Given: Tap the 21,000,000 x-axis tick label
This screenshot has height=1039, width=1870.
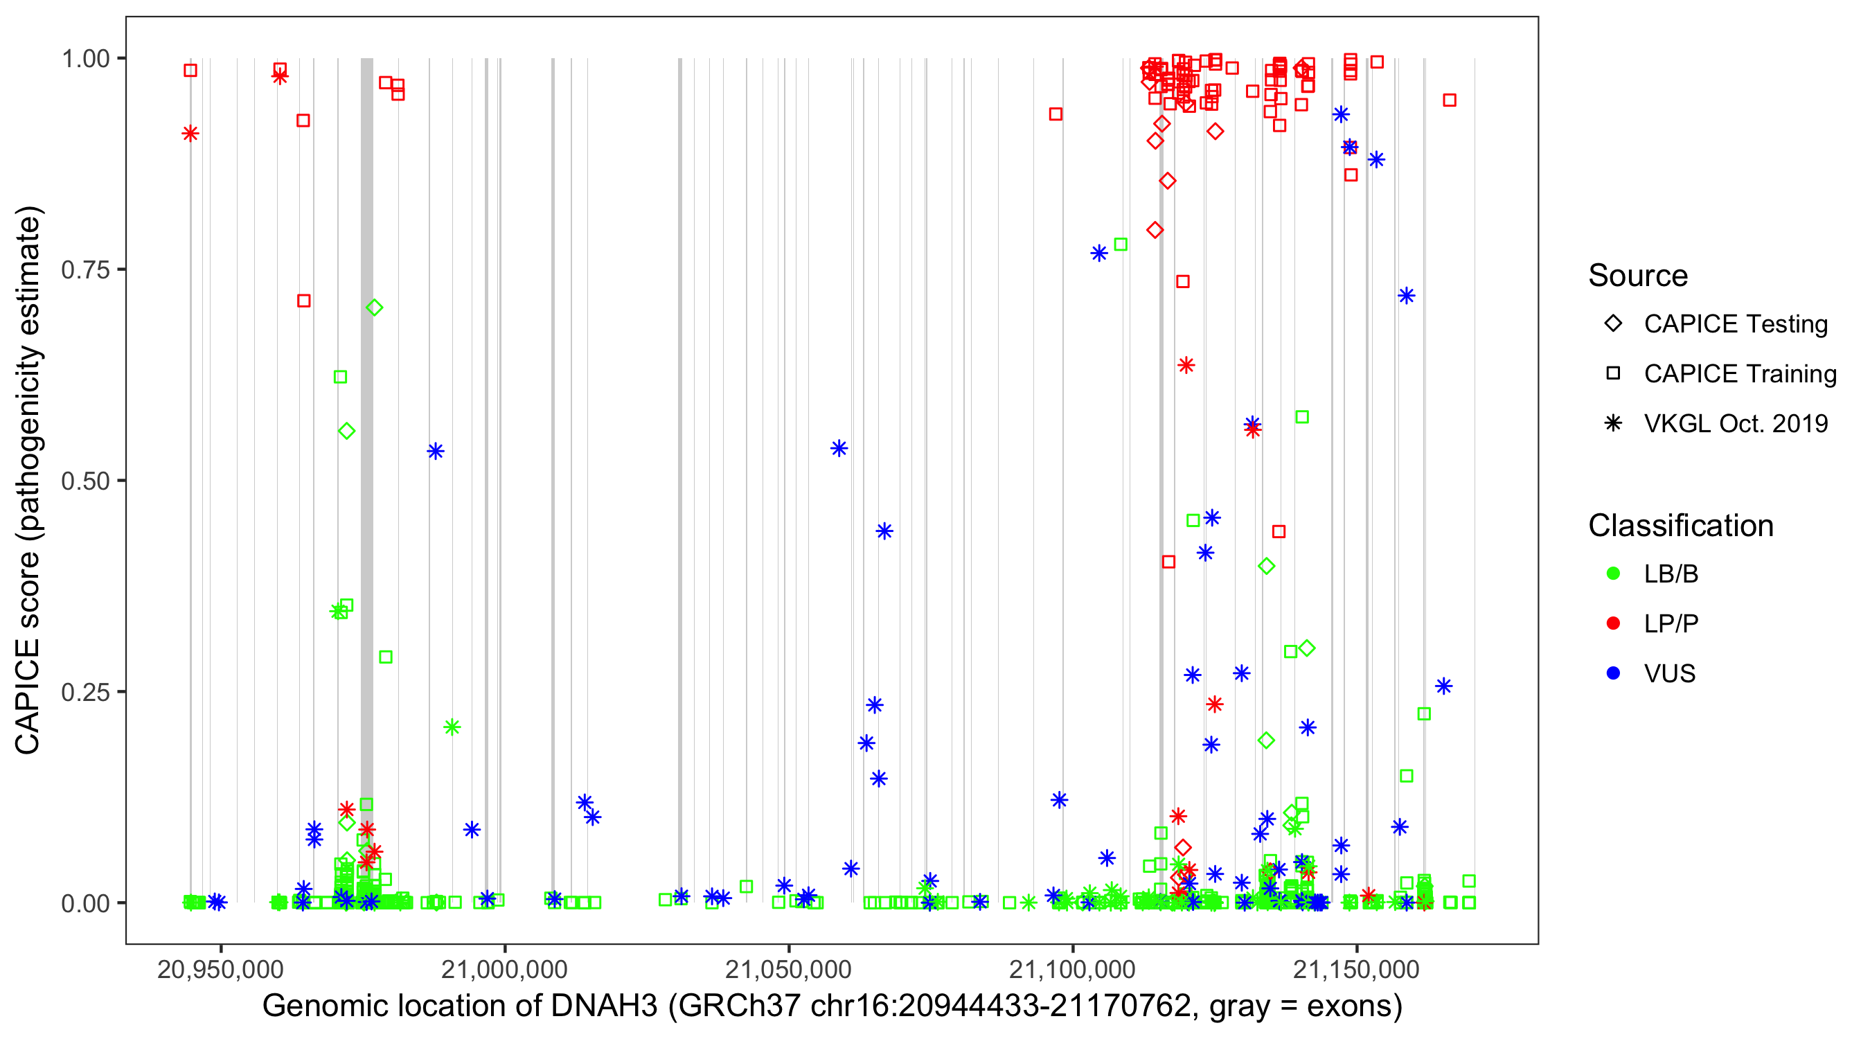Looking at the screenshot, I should (x=504, y=969).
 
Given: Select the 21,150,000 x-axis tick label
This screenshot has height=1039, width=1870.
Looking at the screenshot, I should (x=1356, y=969).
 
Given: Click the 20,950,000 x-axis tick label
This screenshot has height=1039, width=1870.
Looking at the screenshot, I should (x=220, y=969).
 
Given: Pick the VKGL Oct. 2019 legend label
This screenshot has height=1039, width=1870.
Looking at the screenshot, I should (x=1736, y=423).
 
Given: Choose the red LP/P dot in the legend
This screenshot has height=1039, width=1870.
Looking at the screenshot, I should (x=1613, y=623).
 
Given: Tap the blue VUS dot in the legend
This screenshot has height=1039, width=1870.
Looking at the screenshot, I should (x=1613, y=673).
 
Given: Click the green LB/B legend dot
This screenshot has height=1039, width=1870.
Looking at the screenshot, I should (x=1613, y=574).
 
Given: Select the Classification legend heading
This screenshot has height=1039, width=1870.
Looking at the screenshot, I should (x=1680, y=526).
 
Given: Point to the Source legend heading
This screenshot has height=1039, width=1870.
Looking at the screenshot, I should (x=1638, y=276).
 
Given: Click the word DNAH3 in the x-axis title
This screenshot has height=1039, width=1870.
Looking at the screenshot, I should (x=604, y=1006).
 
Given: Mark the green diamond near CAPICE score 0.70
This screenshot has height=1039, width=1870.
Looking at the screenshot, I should (x=374, y=308).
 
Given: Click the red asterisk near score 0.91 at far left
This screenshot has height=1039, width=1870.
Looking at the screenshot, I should (x=190, y=134).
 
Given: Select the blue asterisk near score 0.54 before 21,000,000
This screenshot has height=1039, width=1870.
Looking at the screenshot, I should (x=436, y=452).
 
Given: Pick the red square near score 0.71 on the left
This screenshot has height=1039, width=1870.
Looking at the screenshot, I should (x=303, y=301).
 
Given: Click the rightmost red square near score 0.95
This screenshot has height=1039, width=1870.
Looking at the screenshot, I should (x=1449, y=100).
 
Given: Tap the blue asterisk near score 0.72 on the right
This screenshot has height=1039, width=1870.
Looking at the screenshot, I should (x=1406, y=296).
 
